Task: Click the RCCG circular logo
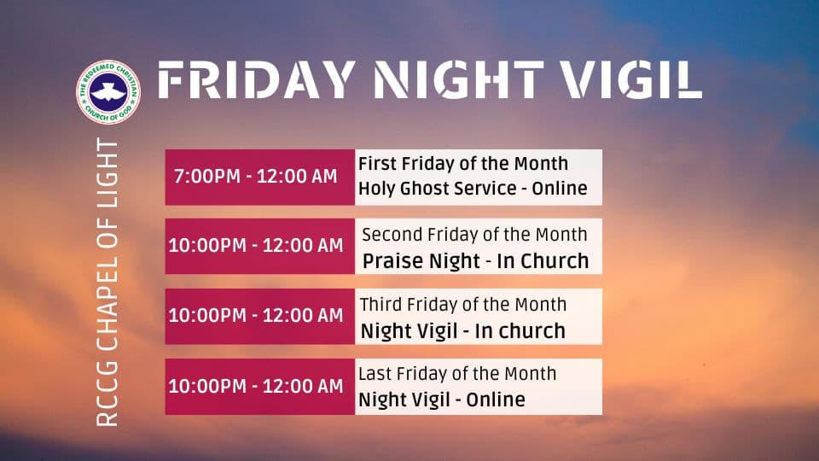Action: point(108,92)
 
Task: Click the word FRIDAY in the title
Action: point(257,80)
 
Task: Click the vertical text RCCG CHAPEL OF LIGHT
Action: point(107,283)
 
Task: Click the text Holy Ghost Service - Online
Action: point(473,188)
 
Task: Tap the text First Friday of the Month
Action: point(463,164)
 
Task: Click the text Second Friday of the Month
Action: point(475,235)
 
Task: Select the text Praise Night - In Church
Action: point(476,261)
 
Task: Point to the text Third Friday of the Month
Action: point(463,305)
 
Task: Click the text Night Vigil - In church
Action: point(463,331)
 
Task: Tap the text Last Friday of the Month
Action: point(457,374)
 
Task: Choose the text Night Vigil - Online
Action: point(442,400)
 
